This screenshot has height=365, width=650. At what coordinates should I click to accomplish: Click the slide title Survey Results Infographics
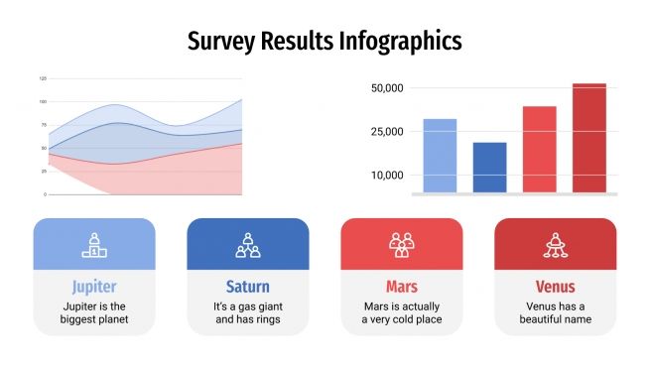(325, 42)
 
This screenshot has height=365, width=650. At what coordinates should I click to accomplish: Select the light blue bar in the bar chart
(440, 156)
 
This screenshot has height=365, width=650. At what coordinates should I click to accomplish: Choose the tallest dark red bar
(588, 138)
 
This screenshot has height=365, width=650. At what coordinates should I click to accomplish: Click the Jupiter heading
(94, 288)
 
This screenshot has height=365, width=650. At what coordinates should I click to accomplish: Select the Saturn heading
(248, 288)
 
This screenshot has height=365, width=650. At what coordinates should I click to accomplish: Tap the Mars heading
(401, 288)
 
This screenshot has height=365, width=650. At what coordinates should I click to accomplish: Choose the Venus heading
(555, 288)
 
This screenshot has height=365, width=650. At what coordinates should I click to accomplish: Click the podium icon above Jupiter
(94, 244)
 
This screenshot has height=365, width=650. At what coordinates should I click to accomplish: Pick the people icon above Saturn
(248, 244)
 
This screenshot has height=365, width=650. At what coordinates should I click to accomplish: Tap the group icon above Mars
(401, 244)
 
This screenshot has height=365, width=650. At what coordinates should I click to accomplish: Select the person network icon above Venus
(555, 244)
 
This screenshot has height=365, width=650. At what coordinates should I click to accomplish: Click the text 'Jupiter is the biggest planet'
(94, 312)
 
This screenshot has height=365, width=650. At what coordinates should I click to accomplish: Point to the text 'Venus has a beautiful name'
(555, 312)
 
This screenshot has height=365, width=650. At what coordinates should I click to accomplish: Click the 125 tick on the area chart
(43, 78)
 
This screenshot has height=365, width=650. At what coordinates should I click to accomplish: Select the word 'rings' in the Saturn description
(267, 319)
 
